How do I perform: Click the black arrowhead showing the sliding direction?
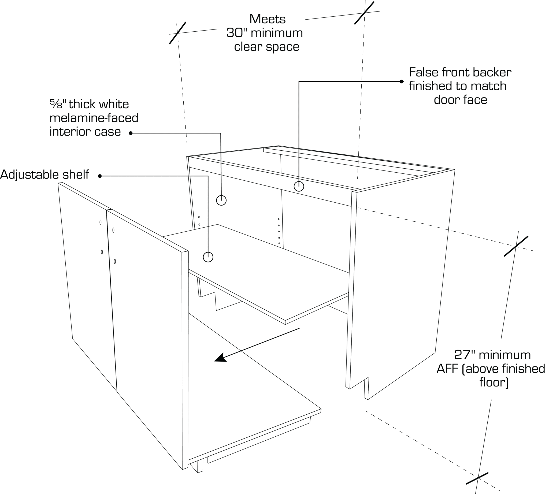pos(221,358)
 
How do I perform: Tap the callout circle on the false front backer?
pos(299,186)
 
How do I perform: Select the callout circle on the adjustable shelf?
pos(208,257)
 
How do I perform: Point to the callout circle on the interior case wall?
pos(221,200)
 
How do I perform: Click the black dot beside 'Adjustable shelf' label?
pos(100,176)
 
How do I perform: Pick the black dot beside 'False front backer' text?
pos(402,81)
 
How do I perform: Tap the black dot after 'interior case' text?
pos(131,133)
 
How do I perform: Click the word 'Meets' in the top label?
pos(268,19)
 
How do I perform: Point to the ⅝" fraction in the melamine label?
pos(58,104)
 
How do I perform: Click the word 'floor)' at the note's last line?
pos(494,382)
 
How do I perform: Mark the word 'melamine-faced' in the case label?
pos(94,118)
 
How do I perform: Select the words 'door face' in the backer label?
pos(461,100)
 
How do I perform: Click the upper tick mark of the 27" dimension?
pos(516,246)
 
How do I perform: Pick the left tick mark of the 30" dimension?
pos(178,33)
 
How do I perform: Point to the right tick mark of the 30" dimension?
pos(364,13)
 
